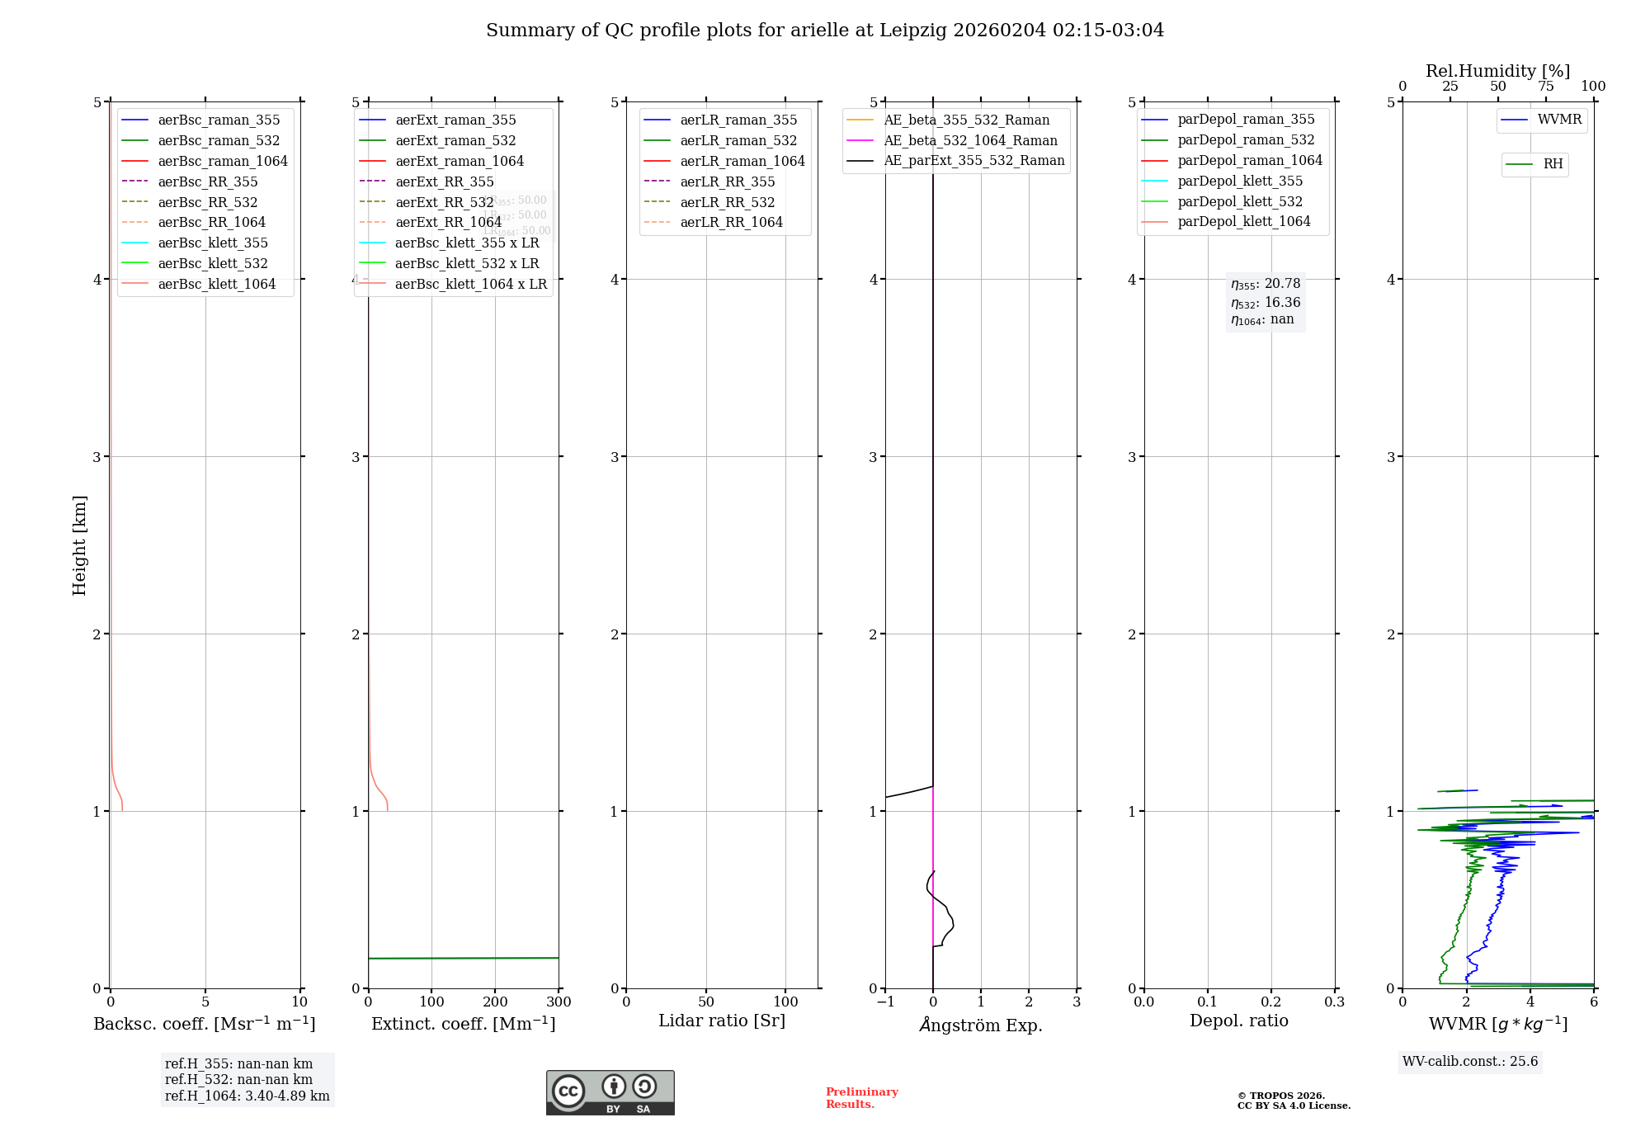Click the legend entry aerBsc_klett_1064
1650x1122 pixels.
tap(216, 284)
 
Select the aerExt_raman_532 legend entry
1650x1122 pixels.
tap(455, 140)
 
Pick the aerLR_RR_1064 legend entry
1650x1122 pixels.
tap(731, 222)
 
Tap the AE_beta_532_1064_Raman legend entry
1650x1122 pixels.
tap(970, 140)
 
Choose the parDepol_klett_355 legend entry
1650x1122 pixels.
tap(1240, 181)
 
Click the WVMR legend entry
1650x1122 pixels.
tap(1559, 120)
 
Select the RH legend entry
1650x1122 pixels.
tap(1553, 164)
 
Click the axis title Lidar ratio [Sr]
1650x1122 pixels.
tap(722, 1021)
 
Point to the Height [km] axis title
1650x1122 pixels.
tap(79, 544)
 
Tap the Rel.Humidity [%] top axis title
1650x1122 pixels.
tap(1497, 71)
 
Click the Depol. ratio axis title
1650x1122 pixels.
tap(1238, 1021)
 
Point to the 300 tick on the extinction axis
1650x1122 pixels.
tap(559, 1002)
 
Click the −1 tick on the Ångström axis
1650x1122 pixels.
tap(885, 1002)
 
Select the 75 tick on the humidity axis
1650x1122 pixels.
tap(1545, 87)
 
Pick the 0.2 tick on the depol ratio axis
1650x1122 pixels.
tap(1271, 1002)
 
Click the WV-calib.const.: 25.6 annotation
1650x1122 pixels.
tap(1470, 1061)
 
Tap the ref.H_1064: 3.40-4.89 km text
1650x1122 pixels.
tap(247, 1096)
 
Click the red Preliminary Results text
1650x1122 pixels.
tap(861, 1097)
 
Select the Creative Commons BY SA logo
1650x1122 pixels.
tap(610, 1092)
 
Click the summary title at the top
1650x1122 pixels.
tap(825, 31)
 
